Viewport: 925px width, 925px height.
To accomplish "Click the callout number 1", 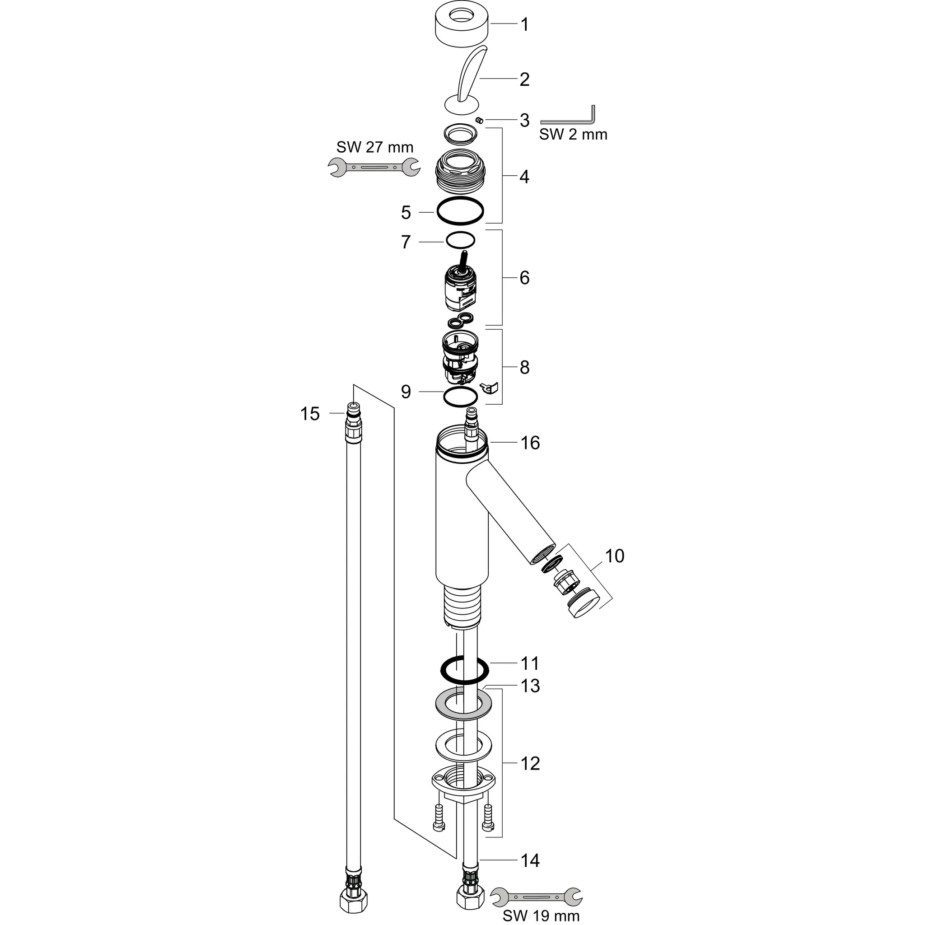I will pyautogui.click(x=524, y=24).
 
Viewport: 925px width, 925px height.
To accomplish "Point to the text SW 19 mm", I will pyautogui.click(x=541, y=915).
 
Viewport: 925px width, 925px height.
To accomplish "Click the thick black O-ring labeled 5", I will pyautogui.click(x=460, y=210).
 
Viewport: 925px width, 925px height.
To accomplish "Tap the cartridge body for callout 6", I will pyautogui.click(x=461, y=290).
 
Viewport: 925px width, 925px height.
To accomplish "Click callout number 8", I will pyautogui.click(x=524, y=368).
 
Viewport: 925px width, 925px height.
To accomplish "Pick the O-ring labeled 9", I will pyautogui.click(x=460, y=397).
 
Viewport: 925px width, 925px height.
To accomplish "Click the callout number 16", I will pyautogui.click(x=530, y=443).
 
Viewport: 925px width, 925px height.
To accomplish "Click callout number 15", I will pyautogui.click(x=310, y=414).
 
